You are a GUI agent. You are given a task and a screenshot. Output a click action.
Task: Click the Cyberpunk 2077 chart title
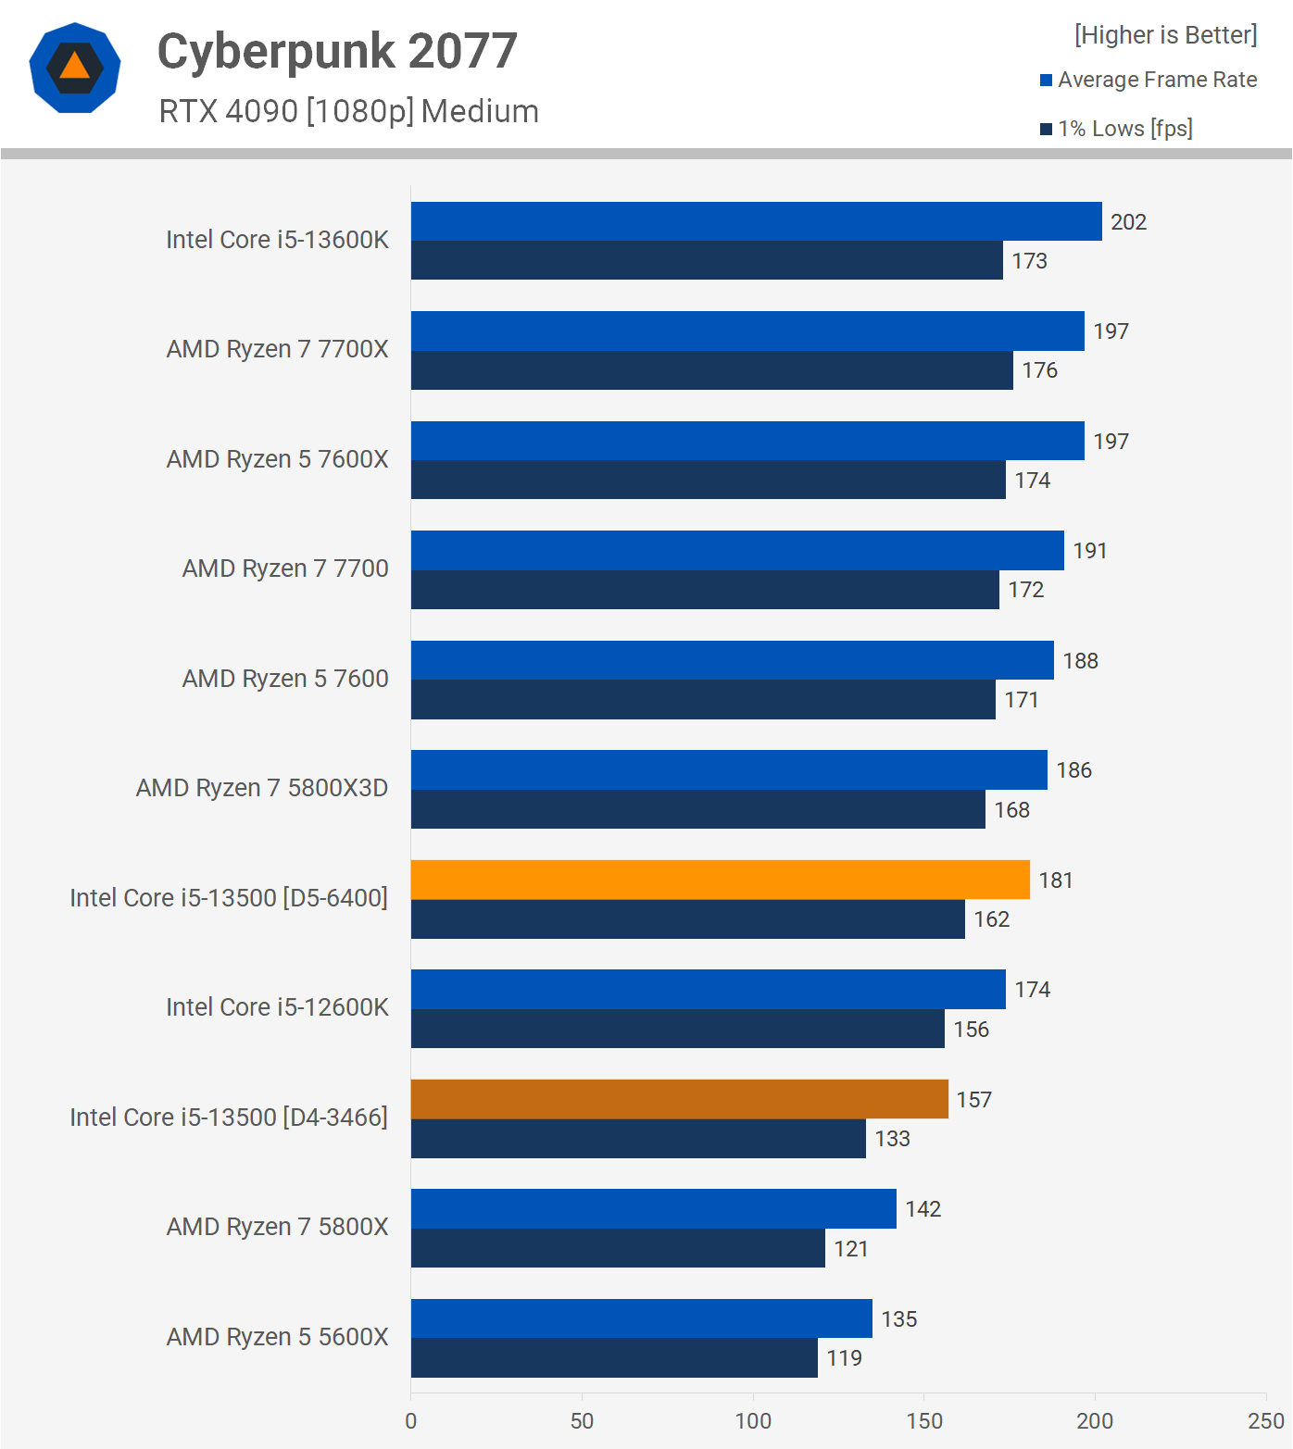337,51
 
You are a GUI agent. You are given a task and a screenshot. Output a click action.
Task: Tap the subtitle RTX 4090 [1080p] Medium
348,111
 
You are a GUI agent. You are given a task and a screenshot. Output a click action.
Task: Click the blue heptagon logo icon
75,68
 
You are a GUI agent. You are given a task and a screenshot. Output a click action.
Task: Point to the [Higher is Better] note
1165,35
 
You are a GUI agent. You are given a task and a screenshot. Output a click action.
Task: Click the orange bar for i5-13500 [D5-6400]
720,880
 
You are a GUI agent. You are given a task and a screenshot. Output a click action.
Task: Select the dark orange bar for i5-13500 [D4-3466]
679,1099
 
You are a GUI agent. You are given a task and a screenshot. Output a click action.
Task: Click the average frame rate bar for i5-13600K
756,221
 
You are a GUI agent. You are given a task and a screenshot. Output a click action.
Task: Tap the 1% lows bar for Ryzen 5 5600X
614,1357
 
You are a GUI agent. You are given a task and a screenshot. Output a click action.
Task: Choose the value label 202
1128,222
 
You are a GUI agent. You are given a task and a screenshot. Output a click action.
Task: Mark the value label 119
844,1358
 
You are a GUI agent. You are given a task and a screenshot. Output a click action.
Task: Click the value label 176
1039,370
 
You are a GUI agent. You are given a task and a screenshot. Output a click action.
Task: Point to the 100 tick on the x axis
753,1421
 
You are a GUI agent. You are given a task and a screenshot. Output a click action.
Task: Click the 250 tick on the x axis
1265,1421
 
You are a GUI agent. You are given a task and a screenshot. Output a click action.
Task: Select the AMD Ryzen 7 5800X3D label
262,788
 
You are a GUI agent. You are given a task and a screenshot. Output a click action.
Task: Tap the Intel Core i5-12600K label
277,1007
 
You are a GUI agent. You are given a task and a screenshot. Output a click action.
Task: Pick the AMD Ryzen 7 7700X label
277,349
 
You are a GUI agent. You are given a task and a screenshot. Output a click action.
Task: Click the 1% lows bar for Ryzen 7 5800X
618,1248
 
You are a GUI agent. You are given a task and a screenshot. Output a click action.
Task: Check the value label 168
1011,810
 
